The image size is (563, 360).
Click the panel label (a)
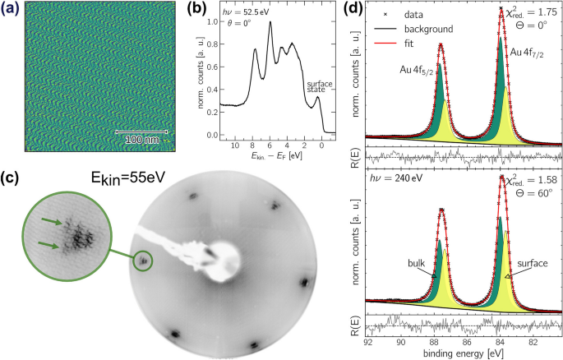coord(11,11)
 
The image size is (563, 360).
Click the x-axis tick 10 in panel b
coord(236,145)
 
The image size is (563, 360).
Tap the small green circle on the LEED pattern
coord(144,261)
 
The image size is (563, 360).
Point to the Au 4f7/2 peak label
coord(531,52)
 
